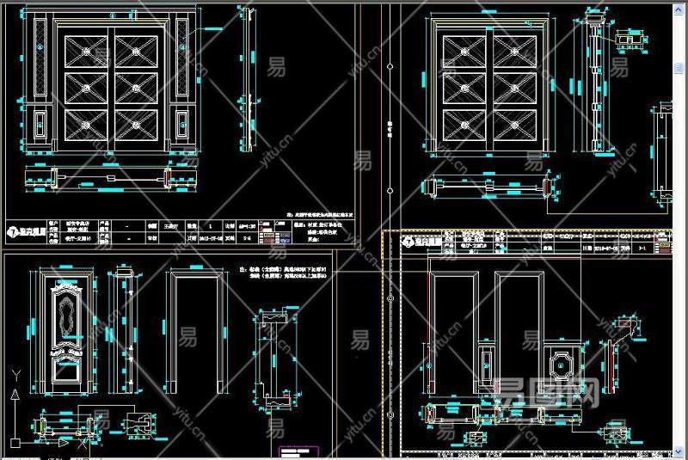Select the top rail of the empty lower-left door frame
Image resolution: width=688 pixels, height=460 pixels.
click(197, 275)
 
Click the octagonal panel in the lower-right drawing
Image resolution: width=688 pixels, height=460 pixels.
click(560, 364)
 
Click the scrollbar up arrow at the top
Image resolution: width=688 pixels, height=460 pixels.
click(679, 7)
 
